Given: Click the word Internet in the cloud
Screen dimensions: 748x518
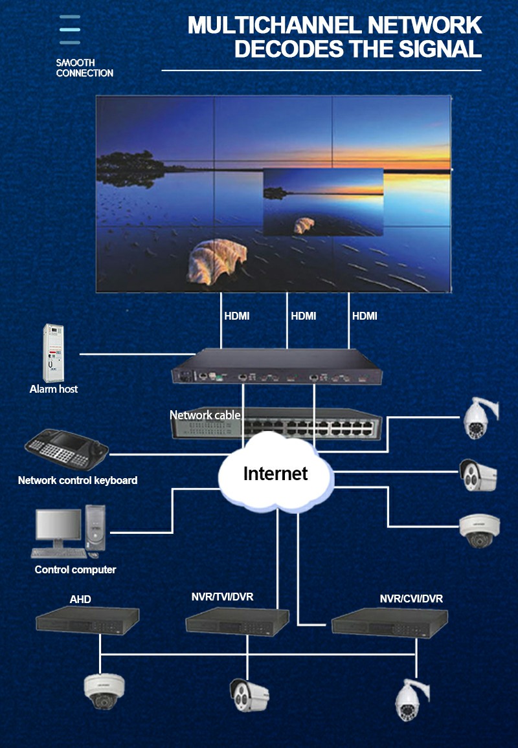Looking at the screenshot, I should point(275,474).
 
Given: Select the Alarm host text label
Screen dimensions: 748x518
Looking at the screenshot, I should point(54,389).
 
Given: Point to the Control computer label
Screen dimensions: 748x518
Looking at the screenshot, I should point(75,570).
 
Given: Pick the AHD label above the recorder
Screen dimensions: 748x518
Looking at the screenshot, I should point(80,599).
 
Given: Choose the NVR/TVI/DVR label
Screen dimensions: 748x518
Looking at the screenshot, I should point(222,597).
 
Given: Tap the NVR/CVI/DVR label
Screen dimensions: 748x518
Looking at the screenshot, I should point(411,599).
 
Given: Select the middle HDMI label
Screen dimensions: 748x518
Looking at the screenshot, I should point(304,316).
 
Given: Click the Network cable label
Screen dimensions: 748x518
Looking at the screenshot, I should point(205,415).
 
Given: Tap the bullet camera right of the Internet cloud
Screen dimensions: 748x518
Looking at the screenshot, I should point(477,475).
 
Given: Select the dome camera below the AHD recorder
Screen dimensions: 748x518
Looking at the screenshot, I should point(104,693).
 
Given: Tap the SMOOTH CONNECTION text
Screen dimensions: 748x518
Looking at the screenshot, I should point(84,68).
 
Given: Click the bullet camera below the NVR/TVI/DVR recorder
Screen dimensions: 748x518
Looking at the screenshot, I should point(249,696).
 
